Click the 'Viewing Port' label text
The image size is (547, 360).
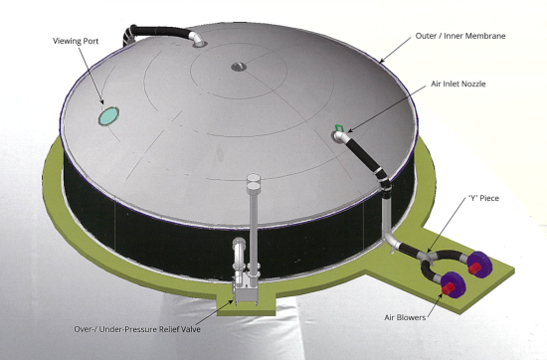76,41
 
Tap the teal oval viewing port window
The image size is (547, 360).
108,116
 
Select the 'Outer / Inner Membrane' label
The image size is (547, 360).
460,36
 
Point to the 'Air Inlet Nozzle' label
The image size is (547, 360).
458,84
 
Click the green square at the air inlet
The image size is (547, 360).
339,127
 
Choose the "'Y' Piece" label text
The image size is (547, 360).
483,198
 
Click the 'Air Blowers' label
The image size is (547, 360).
405,317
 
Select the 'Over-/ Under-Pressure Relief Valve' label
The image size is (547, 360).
137,329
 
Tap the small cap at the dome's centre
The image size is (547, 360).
239,67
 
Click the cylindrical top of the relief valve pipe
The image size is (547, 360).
254,182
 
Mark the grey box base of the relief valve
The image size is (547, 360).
247,290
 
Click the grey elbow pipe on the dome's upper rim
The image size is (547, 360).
197,39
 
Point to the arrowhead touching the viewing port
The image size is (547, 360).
101,101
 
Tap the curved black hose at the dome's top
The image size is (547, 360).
157,31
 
